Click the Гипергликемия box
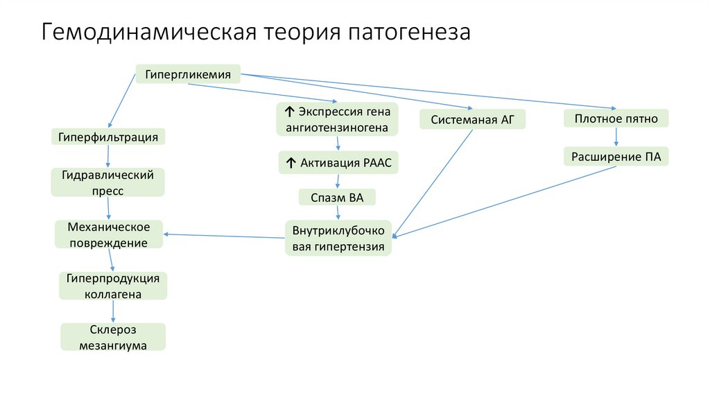[x=188, y=73]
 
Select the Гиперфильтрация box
[x=108, y=137]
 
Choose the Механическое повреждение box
[x=108, y=235]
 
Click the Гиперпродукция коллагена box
[x=113, y=286]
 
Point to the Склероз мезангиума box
[x=113, y=337]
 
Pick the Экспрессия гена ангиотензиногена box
[x=338, y=119]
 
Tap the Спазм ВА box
[x=337, y=198]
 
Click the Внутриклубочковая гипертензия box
[x=338, y=238]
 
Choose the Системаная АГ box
[x=473, y=119]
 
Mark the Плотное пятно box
[x=616, y=119]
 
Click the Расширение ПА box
[x=616, y=157]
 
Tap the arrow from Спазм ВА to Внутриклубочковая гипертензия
[x=337, y=214]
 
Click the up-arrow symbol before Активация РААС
[x=290, y=163]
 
